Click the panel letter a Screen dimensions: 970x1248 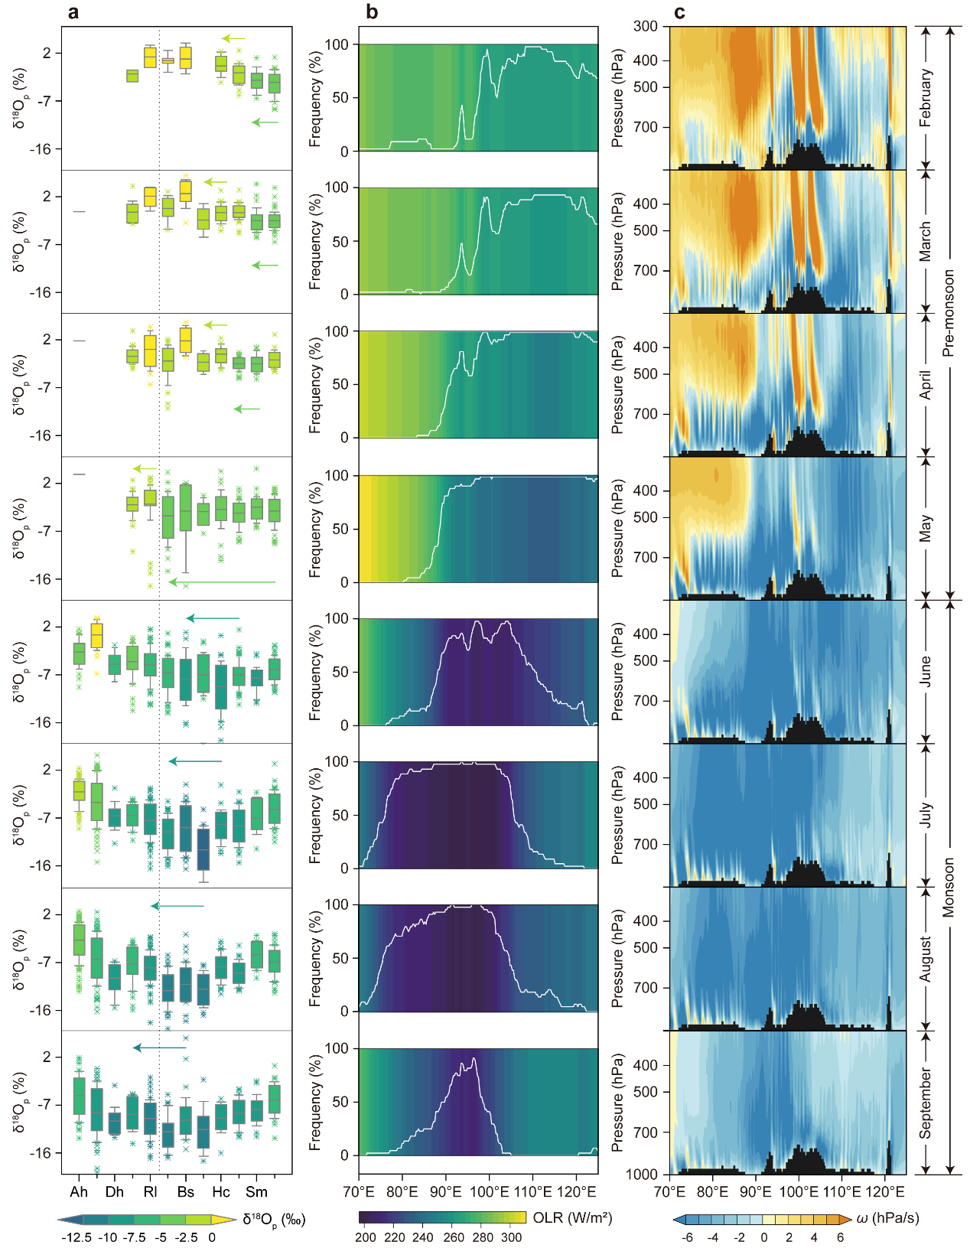click(73, 12)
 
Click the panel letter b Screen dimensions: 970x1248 click(371, 11)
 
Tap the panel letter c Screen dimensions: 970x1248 click(679, 12)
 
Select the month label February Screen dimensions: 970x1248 click(925, 98)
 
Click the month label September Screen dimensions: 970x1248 click(925, 1103)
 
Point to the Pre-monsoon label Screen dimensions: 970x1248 click(948, 313)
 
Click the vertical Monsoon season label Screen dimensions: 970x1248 click(948, 888)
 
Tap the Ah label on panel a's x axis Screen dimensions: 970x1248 click(79, 1191)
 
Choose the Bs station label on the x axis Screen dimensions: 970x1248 click(185, 1191)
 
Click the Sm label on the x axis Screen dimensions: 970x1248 click(256, 1191)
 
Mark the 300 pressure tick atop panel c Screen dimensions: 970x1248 click(646, 27)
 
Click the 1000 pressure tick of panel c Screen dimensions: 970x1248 click(642, 1175)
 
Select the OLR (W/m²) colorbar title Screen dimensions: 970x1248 click(572, 1217)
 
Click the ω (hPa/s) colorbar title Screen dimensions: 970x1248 click(887, 1217)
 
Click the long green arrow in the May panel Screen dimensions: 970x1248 click(222, 582)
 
